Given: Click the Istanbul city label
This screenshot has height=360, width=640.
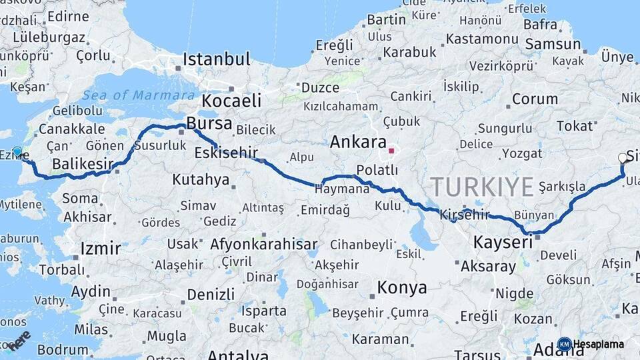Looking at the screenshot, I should point(216,59).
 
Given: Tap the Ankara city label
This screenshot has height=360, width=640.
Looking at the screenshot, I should point(358,142).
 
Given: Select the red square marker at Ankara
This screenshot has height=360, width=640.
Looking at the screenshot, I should point(391,151).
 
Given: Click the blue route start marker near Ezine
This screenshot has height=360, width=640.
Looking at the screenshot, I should point(17,151).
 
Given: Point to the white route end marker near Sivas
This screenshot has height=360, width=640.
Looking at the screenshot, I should point(623,158).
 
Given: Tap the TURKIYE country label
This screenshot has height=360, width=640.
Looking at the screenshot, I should point(482,186).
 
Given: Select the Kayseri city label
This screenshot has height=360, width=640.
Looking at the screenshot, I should point(503,242).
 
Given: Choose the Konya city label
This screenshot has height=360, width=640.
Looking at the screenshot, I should point(401,288).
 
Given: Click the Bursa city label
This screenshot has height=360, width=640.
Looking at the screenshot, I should point(209,123).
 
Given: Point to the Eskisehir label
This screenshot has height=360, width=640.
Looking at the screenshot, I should point(226,153).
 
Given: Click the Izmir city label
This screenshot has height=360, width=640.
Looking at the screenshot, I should point(101,249).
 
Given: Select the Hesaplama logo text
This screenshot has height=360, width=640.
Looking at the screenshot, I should point(598,344).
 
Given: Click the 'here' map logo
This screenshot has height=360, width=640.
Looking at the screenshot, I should point(19,340).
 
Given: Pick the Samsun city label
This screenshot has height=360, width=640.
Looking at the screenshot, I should point(553,44).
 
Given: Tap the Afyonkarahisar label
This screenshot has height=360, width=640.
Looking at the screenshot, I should point(263,244).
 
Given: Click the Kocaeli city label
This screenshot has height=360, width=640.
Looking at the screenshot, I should point(231,101).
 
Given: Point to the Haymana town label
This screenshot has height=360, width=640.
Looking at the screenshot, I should point(342,189).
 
